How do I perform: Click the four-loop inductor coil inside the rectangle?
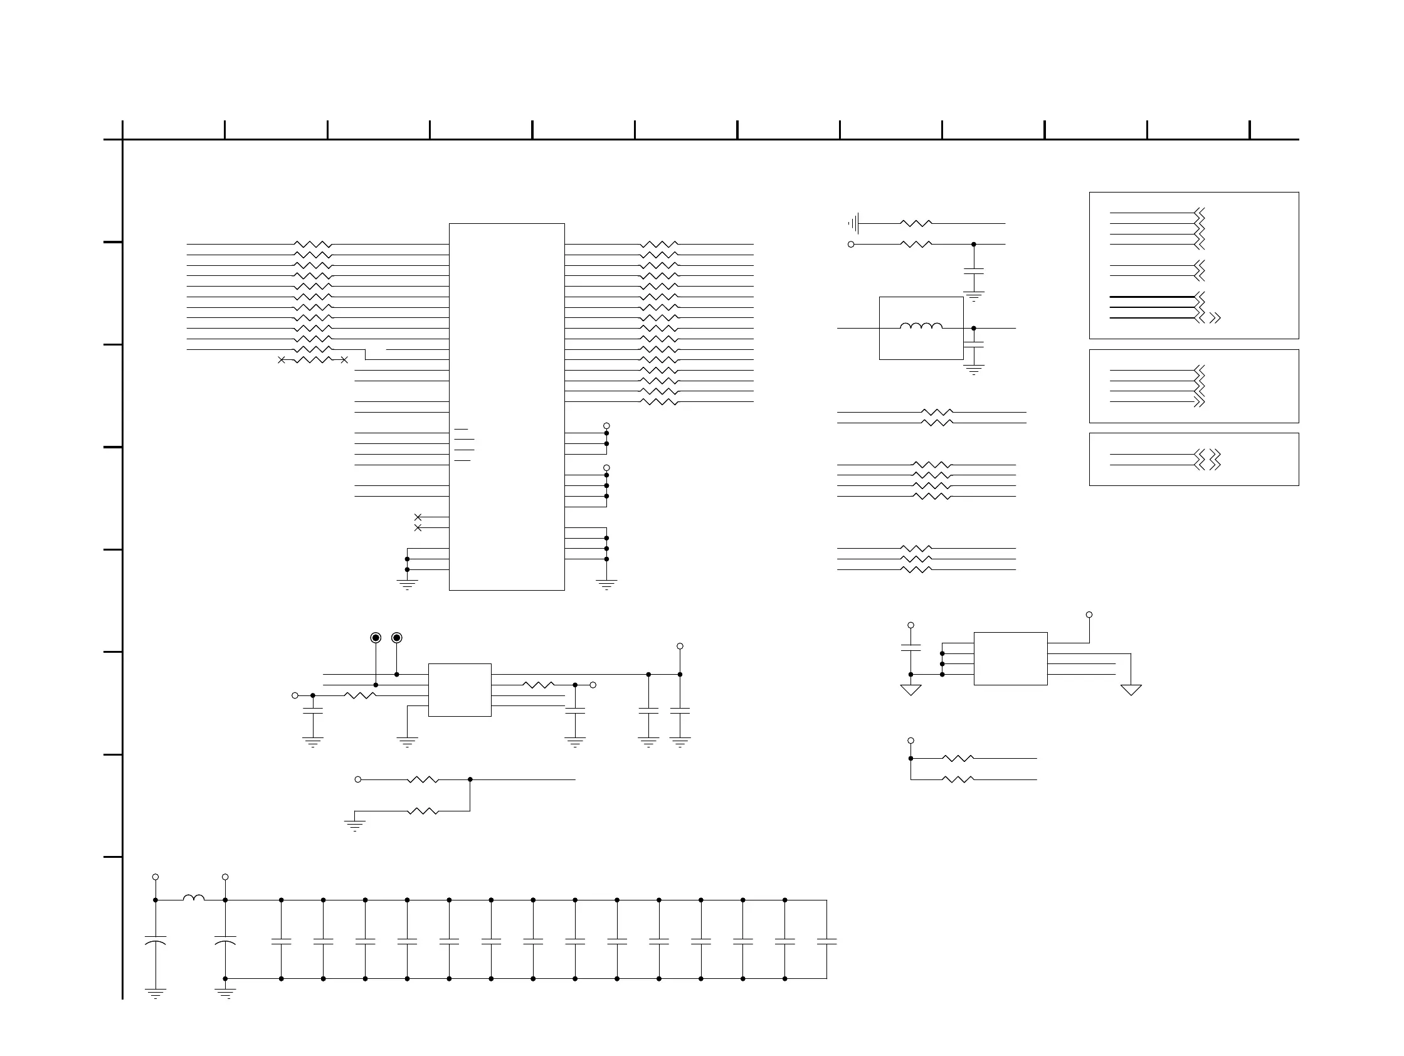(921, 326)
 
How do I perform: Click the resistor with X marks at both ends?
(313, 360)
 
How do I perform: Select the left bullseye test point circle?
(376, 638)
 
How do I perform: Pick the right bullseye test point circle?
(397, 638)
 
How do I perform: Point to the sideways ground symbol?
(853, 223)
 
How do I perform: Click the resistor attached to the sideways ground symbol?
(916, 223)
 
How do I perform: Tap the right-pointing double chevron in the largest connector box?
(1215, 318)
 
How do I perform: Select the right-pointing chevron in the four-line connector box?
(1199, 402)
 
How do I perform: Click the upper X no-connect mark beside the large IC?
(418, 517)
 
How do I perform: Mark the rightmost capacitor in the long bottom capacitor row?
(826, 942)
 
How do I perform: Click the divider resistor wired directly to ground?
(423, 811)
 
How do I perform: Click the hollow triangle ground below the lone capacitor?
(911, 690)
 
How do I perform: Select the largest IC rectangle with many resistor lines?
(507, 407)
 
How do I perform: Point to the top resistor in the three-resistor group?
(916, 548)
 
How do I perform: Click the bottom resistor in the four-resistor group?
(932, 496)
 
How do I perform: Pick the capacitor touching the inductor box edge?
(973, 345)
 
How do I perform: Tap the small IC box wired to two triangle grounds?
(1010, 658)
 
